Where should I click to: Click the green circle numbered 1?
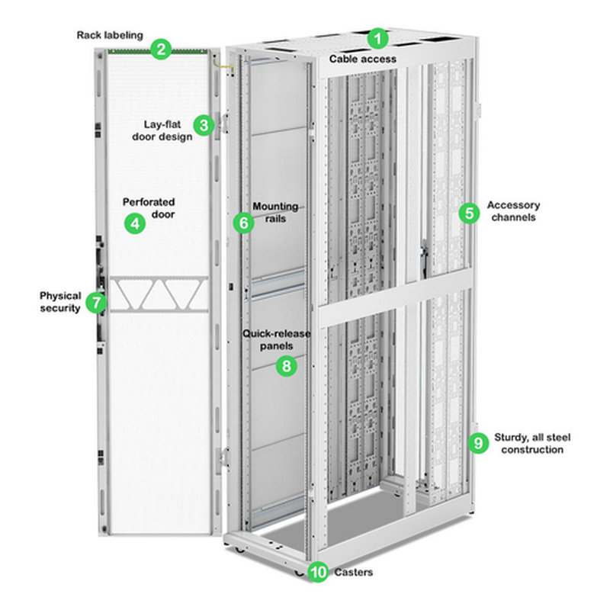(x=379, y=37)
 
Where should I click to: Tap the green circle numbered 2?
(x=160, y=50)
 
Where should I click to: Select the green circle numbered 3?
(x=203, y=125)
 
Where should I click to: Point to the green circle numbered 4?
(x=135, y=223)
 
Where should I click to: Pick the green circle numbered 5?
(x=469, y=213)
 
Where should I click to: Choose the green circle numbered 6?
(x=242, y=223)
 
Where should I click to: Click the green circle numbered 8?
(x=286, y=365)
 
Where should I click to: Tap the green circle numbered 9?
(x=478, y=442)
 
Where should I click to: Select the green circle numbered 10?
(x=319, y=572)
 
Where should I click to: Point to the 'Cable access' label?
(x=363, y=58)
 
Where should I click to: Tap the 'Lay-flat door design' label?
(x=168, y=130)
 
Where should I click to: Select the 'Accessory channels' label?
(x=513, y=210)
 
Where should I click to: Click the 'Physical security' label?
(x=60, y=302)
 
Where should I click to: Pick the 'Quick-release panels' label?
(x=268, y=340)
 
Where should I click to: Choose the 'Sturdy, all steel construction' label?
(x=532, y=444)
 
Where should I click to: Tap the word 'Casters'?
(x=353, y=573)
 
